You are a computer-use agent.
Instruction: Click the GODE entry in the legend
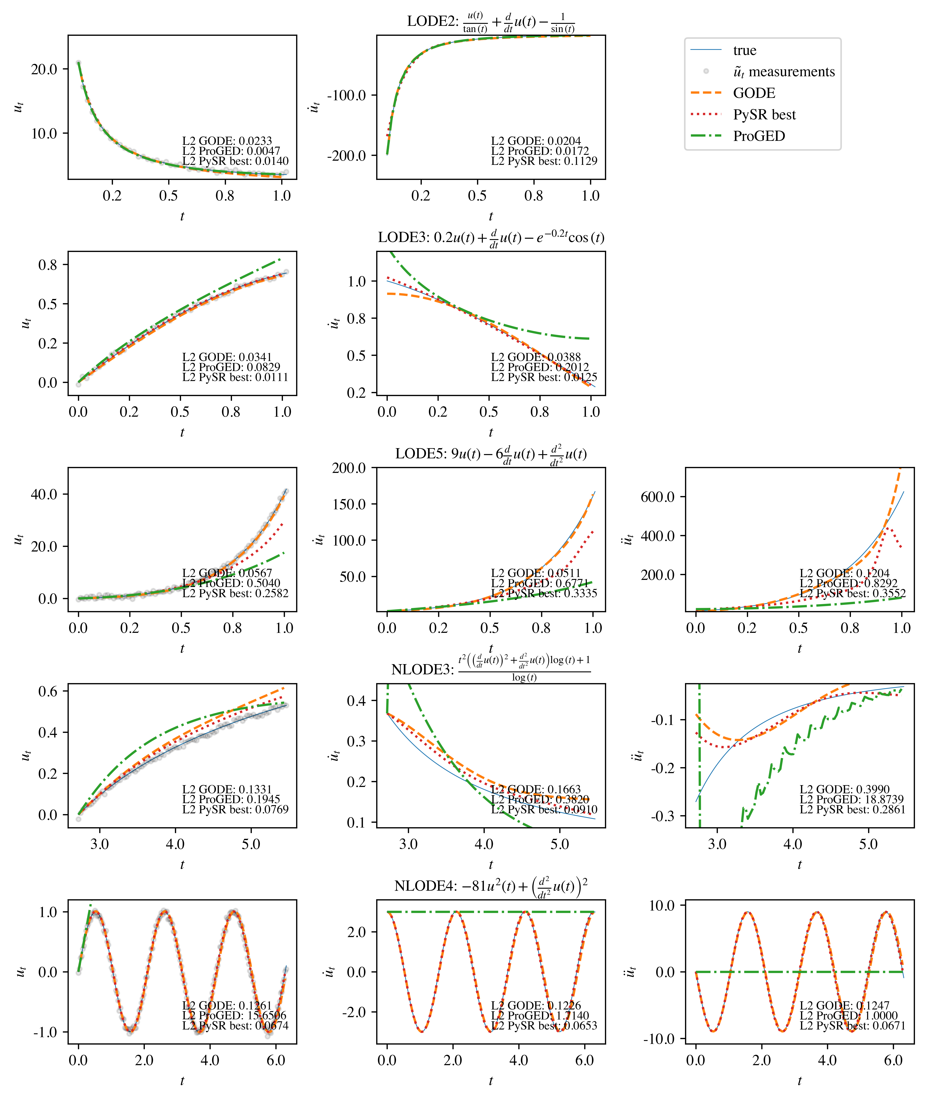coord(754,93)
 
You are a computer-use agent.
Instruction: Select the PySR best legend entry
coord(764,115)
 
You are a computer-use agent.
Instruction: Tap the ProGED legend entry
coord(759,136)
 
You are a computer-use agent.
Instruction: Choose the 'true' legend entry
coord(745,50)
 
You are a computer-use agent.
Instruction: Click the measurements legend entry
coord(783,72)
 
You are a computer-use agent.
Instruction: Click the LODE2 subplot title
coord(491,23)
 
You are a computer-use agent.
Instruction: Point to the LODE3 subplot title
coord(491,238)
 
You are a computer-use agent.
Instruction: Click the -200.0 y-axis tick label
coord(346,156)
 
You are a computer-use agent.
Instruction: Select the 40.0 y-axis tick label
coord(44,494)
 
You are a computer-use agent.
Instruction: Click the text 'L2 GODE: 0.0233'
coord(227,141)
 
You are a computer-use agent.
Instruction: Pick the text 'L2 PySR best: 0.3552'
coord(852,593)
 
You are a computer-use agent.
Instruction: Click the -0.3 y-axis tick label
coord(663,816)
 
